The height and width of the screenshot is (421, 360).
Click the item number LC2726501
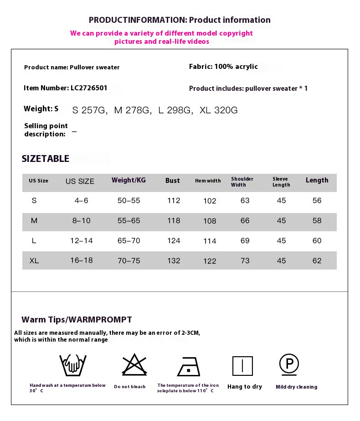pyautogui.click(x=89, y=88)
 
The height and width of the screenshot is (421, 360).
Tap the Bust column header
pyautogui.click(x=172, y=181)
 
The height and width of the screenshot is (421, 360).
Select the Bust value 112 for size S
pyautogui.click(x=174, y=201)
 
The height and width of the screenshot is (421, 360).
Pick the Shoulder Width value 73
pyautogui.click(x=245, y=261)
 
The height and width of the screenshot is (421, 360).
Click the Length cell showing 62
pyautogui.click(x=317, y=261)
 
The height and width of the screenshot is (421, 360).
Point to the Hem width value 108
pyautogui.click(x=210, y=221)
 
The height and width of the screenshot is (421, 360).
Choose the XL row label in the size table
pyautogui.click(x=34, y=261)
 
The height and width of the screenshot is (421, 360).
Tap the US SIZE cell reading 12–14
pyautogui.click(x=81, y=241)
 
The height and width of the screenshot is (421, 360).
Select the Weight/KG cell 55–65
pyautogui.click(x=129, y=221)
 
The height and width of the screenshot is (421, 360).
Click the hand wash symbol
pyautogui.click(x=73, y=364)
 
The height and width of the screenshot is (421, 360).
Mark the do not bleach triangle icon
pyautogui.click(x=134, y=364)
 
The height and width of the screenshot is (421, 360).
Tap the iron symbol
pyautogui.click(x=189, y=366)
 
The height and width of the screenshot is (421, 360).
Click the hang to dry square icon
pyautogui.click(x=242, y=366)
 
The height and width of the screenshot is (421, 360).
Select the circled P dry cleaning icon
pyautogui.click(x=289, y=364)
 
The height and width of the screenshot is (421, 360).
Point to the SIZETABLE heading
pyautogui.click(x=46, y=159)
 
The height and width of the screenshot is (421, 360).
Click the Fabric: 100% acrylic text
pyautogui.click(x=223, y=67)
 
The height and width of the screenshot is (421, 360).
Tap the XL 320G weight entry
pyautogui.click(x=219, y=110)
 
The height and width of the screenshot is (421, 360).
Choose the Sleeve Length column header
pyautogui.click(x=281, y=182)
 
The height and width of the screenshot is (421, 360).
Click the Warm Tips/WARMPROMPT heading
pyautogui.click(x=77, y=319)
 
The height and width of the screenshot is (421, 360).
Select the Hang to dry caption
pyautogui.click(x=245, y=387)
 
